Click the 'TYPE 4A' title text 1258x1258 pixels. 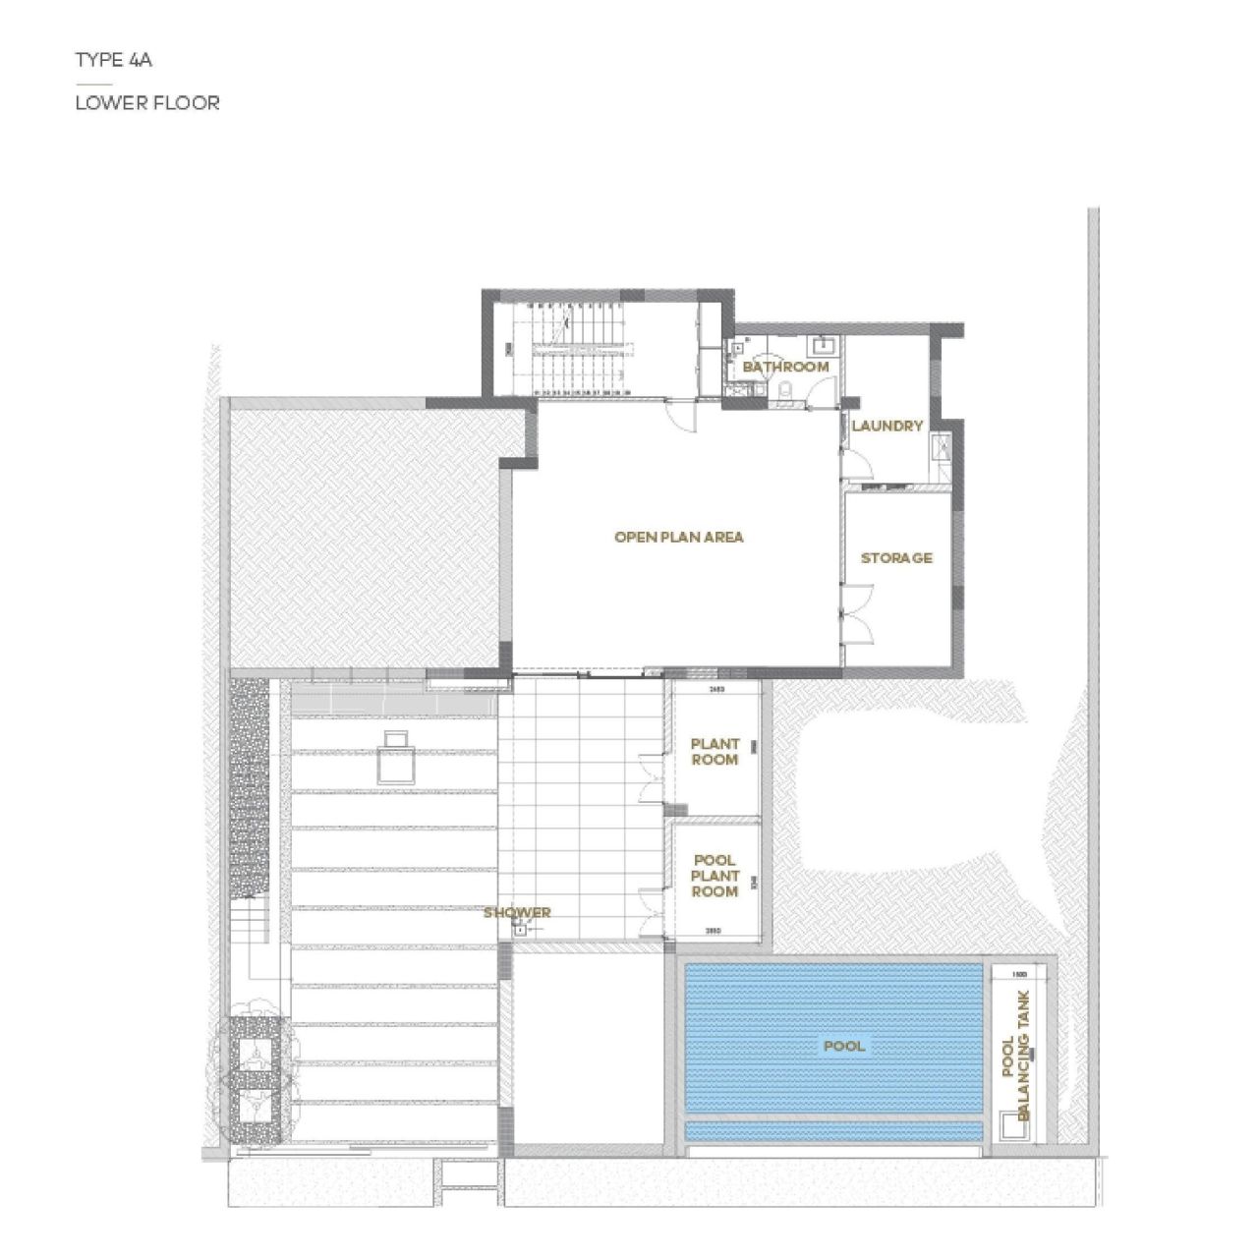click(x=114, y=60)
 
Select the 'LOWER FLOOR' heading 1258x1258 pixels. click(x=147, y=102)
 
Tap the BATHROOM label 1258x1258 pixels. click(x=785, y=367)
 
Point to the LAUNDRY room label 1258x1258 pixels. click(x=886, y=426)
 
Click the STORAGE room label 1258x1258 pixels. click(x=896, y=557)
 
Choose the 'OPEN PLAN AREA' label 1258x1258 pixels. click(x=678, y=537)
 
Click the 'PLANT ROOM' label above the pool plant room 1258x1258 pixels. click(x=715, y=752)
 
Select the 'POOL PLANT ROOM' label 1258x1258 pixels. click(x=715, y=876)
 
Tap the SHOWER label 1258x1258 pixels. click(x=517, y=912)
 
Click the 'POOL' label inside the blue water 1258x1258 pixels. click(x=843, y=1046)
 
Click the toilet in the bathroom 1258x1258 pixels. click(x=783, y=393)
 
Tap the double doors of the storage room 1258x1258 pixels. click(x=857, y=611)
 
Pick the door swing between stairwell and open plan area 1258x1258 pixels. click(x=679, y=414)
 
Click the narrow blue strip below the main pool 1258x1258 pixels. click(x=833, y=1132)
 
